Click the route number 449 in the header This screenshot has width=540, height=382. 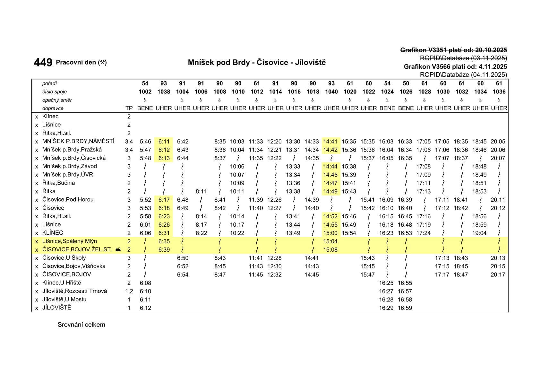tap(43, 62)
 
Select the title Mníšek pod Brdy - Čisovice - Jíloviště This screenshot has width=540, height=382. tap(257, 62)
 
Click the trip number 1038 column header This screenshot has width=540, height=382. tap(164, 92)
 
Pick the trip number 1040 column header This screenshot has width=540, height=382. tap(331, 92)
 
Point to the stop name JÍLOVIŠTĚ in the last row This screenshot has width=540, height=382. tap(57, 308)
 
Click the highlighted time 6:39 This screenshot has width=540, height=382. tap(164, 250)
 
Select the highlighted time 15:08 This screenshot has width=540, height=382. tap(330, 250)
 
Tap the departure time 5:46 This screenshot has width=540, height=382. tap(145, 142)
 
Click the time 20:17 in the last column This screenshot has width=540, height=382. tap(498, 275)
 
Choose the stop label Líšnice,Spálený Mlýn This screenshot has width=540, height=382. tap(70, 241)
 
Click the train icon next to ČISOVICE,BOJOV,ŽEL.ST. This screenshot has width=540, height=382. tap(118, 250)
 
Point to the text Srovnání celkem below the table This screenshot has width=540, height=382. tap(81, 325)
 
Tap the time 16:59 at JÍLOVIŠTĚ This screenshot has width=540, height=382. tap(405, 308)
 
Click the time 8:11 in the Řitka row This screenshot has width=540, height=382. tap(201, 192)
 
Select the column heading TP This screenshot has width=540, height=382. tap(129, 109)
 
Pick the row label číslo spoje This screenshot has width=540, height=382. tap(55, 92)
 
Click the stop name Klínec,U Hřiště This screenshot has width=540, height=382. tap(62, 283)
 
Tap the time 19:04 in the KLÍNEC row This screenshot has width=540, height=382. tap(479, 233)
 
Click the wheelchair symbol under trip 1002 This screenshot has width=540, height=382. tap(145, 100)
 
